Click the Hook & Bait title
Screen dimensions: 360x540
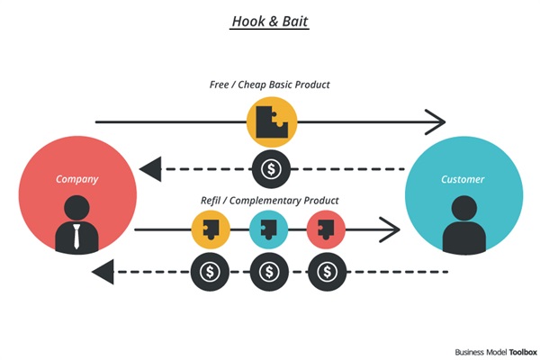tap(270, 21)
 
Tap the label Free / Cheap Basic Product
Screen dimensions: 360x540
tap(270, 85)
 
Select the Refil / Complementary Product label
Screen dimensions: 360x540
tap(270, 199)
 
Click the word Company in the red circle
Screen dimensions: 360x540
tap(76, 179)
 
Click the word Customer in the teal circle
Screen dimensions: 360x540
tap(463, 179)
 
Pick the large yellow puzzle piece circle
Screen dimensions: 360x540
tap(271, 122)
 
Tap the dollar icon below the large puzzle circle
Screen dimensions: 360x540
tap(270, 167)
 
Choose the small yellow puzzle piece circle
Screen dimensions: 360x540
tap(211, 230)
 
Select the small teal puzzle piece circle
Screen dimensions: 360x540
tap(268, 230)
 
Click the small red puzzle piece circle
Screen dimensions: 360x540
tap(326, 230)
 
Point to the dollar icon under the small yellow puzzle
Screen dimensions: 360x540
tap(211, 270)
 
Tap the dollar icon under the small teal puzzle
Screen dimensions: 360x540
tap(268, 270)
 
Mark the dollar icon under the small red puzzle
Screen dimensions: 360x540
tap(326, 270)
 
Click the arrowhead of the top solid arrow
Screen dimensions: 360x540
tap(436, 121)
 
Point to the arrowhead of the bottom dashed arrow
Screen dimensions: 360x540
tap(103, 270)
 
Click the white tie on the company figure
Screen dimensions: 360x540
tap(76, 236)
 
